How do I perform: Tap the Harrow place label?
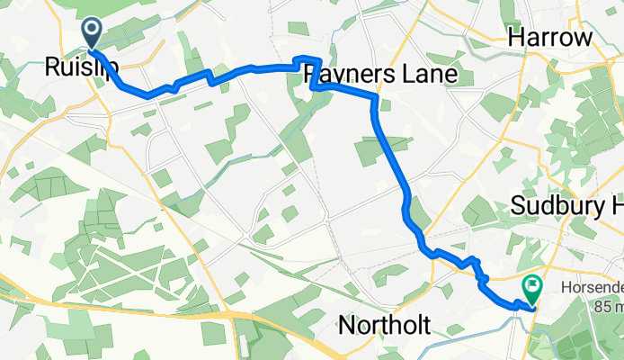pyautogui.click(x=551, y=37)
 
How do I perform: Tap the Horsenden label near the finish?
pyautogui.click(x=590, y=290)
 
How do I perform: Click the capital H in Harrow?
pyautogui.click(x=516, y=37)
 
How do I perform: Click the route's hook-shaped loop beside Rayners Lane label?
pyautogui.click(x=314, y=75)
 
